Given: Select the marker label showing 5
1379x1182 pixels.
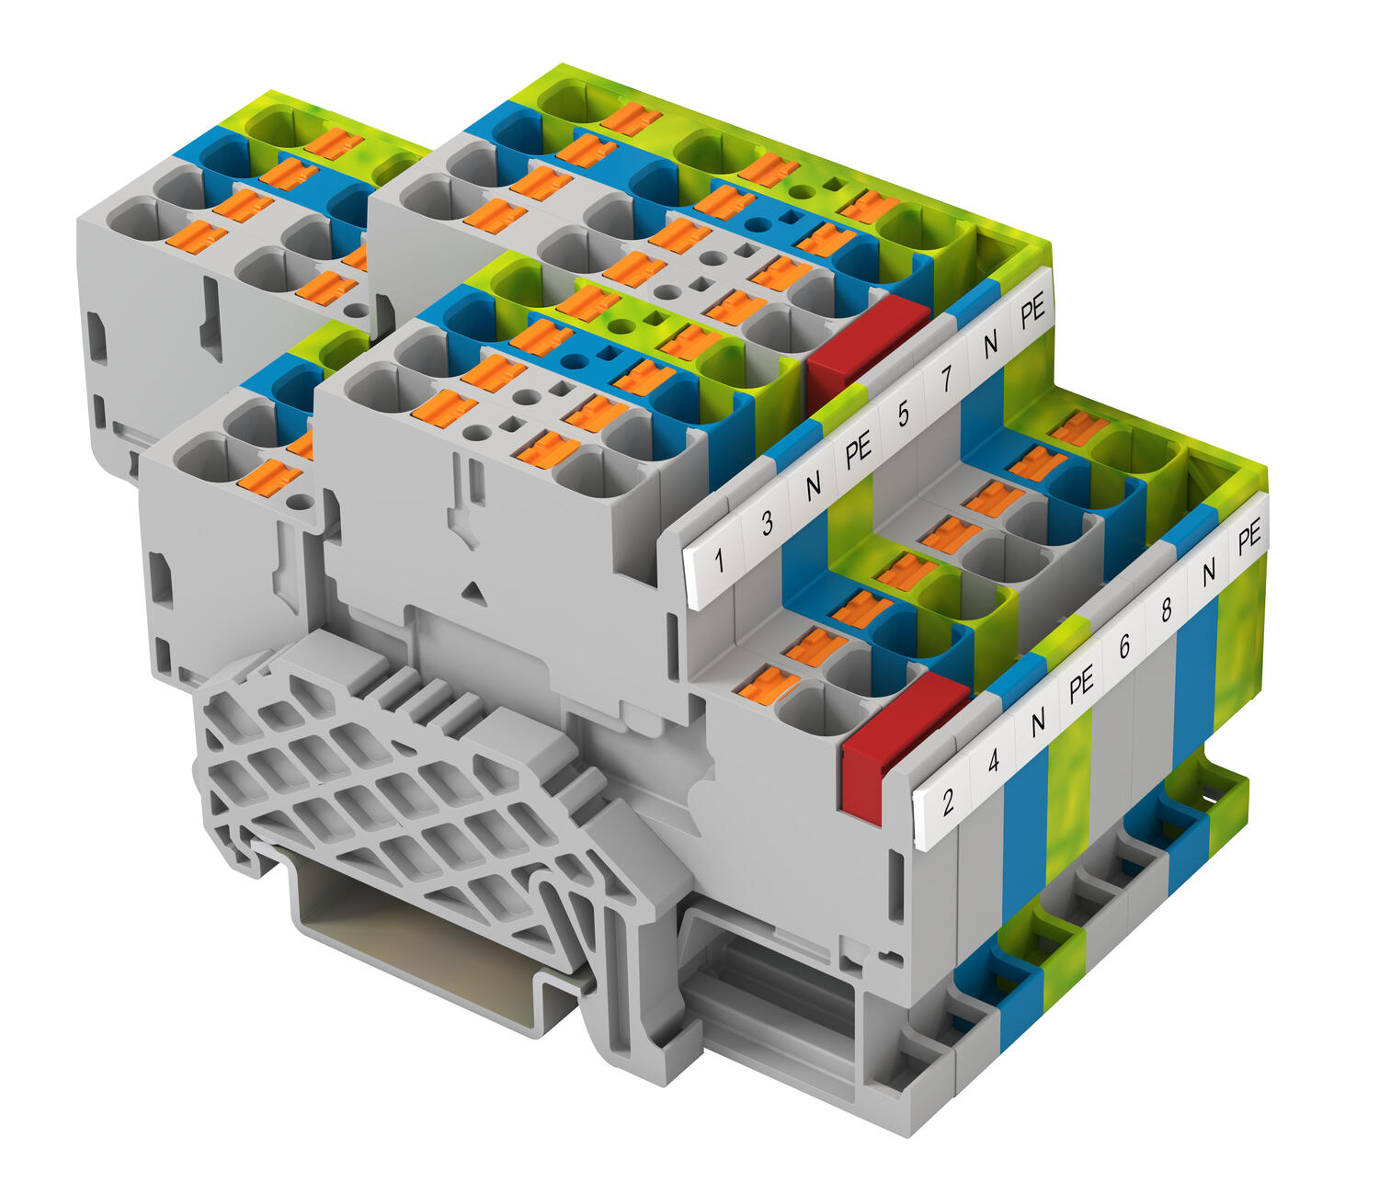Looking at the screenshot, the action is click(x=904, y=414).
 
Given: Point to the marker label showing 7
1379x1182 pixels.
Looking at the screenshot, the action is click(x=946, y=379).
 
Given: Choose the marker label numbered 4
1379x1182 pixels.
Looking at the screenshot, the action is click(x=994, y=760).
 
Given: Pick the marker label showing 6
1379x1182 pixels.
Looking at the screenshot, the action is click(x=1124, y=646).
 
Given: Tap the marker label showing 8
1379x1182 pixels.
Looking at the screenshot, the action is click(x=1167, y=609).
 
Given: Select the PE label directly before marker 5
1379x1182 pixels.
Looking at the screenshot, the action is click(x=858, y=450).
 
